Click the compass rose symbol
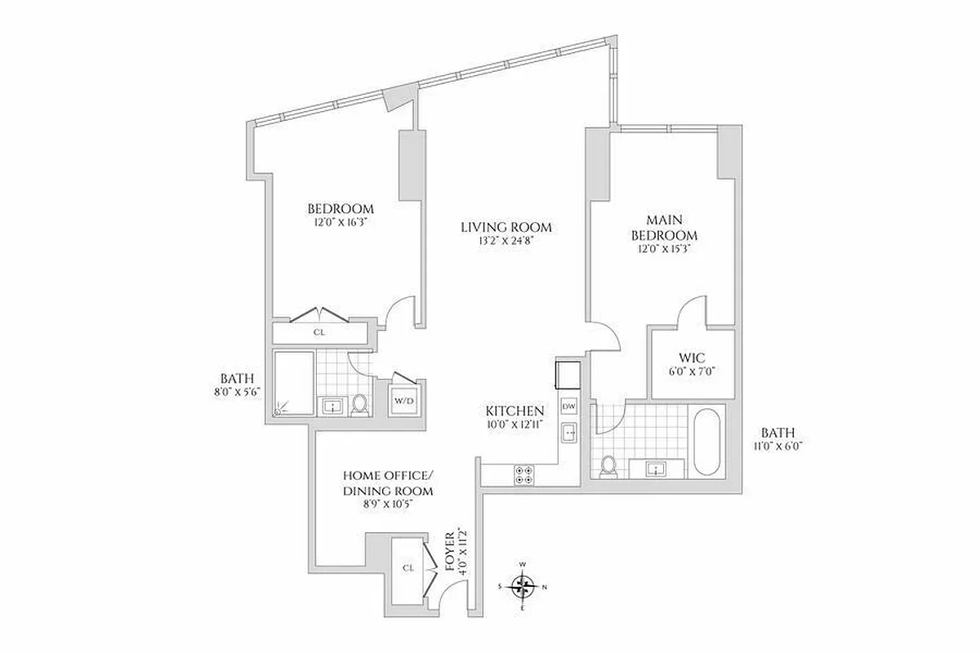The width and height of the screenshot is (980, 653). (523, 586)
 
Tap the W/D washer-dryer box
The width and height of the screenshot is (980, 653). (404, 401)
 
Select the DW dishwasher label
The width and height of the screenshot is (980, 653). (569, 406)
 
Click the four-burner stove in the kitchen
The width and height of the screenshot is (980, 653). (524, 474)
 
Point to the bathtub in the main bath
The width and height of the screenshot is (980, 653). (707, 442)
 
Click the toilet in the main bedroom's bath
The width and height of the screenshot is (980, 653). (608, 465)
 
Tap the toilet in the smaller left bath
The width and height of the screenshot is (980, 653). (359, 404)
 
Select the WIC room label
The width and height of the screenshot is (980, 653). (692, 358)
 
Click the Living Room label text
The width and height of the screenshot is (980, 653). (506, 227)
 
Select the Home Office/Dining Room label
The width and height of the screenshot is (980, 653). (388, 483)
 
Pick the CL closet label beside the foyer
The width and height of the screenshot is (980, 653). (408, 567)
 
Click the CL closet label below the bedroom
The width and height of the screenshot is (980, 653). (319, 333)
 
